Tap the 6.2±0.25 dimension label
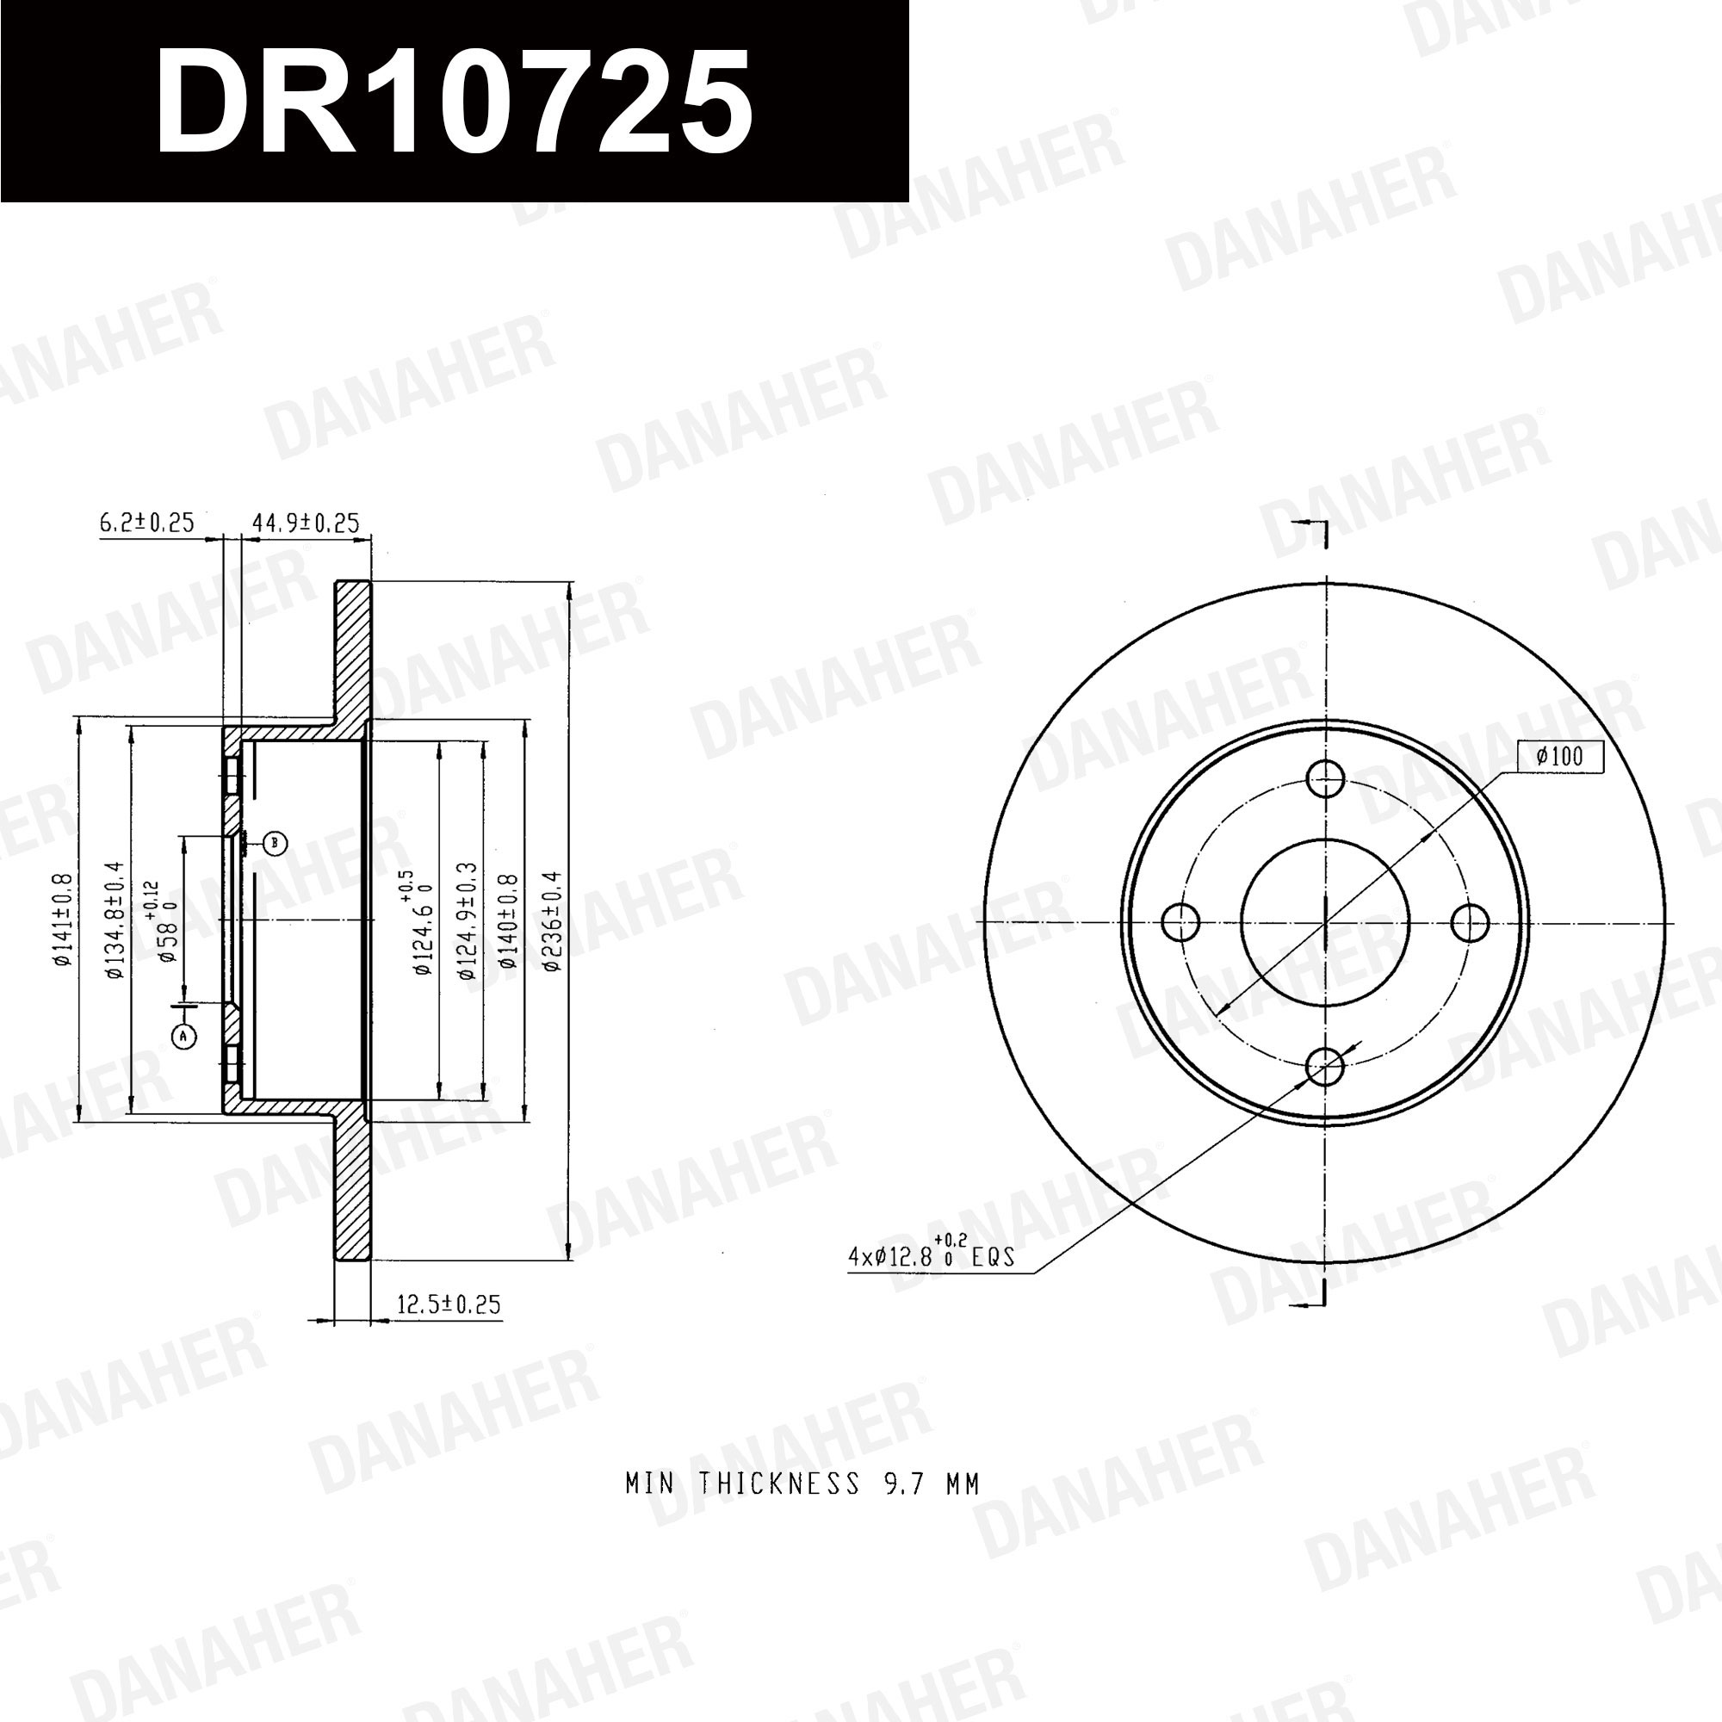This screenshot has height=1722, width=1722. point(146,523)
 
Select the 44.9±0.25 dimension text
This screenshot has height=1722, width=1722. point(306,523)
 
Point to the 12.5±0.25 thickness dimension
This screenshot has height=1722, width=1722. point(449,1305)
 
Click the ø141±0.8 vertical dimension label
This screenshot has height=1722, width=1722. point(62,919)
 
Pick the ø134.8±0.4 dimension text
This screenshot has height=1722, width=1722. point(115,920)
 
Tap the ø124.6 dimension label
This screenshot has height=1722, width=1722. point(419,922)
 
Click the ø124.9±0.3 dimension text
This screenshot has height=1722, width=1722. point(467,921)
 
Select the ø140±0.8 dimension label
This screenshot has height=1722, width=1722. point(509,920)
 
